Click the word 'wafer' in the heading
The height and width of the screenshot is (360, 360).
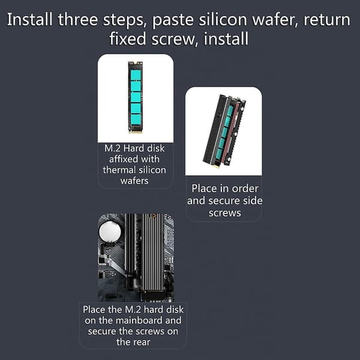coord(275,20)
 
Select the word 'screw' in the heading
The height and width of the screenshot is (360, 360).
coord(175,39)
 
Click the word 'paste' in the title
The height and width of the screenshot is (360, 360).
coord(173,20)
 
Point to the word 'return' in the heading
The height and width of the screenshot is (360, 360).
coord(327,20)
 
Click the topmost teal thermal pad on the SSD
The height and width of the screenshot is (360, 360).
coord(136,74)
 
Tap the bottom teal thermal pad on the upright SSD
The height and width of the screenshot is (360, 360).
coord(136,119)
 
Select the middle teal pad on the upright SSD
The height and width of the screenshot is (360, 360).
coord(136,97)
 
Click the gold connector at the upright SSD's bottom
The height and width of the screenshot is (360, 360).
coord(135,132)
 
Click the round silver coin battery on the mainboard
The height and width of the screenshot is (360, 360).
coord(110,232)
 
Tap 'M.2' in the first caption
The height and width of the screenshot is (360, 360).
coord(112,149)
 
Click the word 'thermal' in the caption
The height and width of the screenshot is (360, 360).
coord(119,170)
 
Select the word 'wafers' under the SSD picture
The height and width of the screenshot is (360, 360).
coord(134,181)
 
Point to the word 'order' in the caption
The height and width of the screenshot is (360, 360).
coord(245,189)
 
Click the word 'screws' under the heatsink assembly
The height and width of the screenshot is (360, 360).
coord(225,213)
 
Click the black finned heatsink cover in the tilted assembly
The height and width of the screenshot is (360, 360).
coord(214,128)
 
